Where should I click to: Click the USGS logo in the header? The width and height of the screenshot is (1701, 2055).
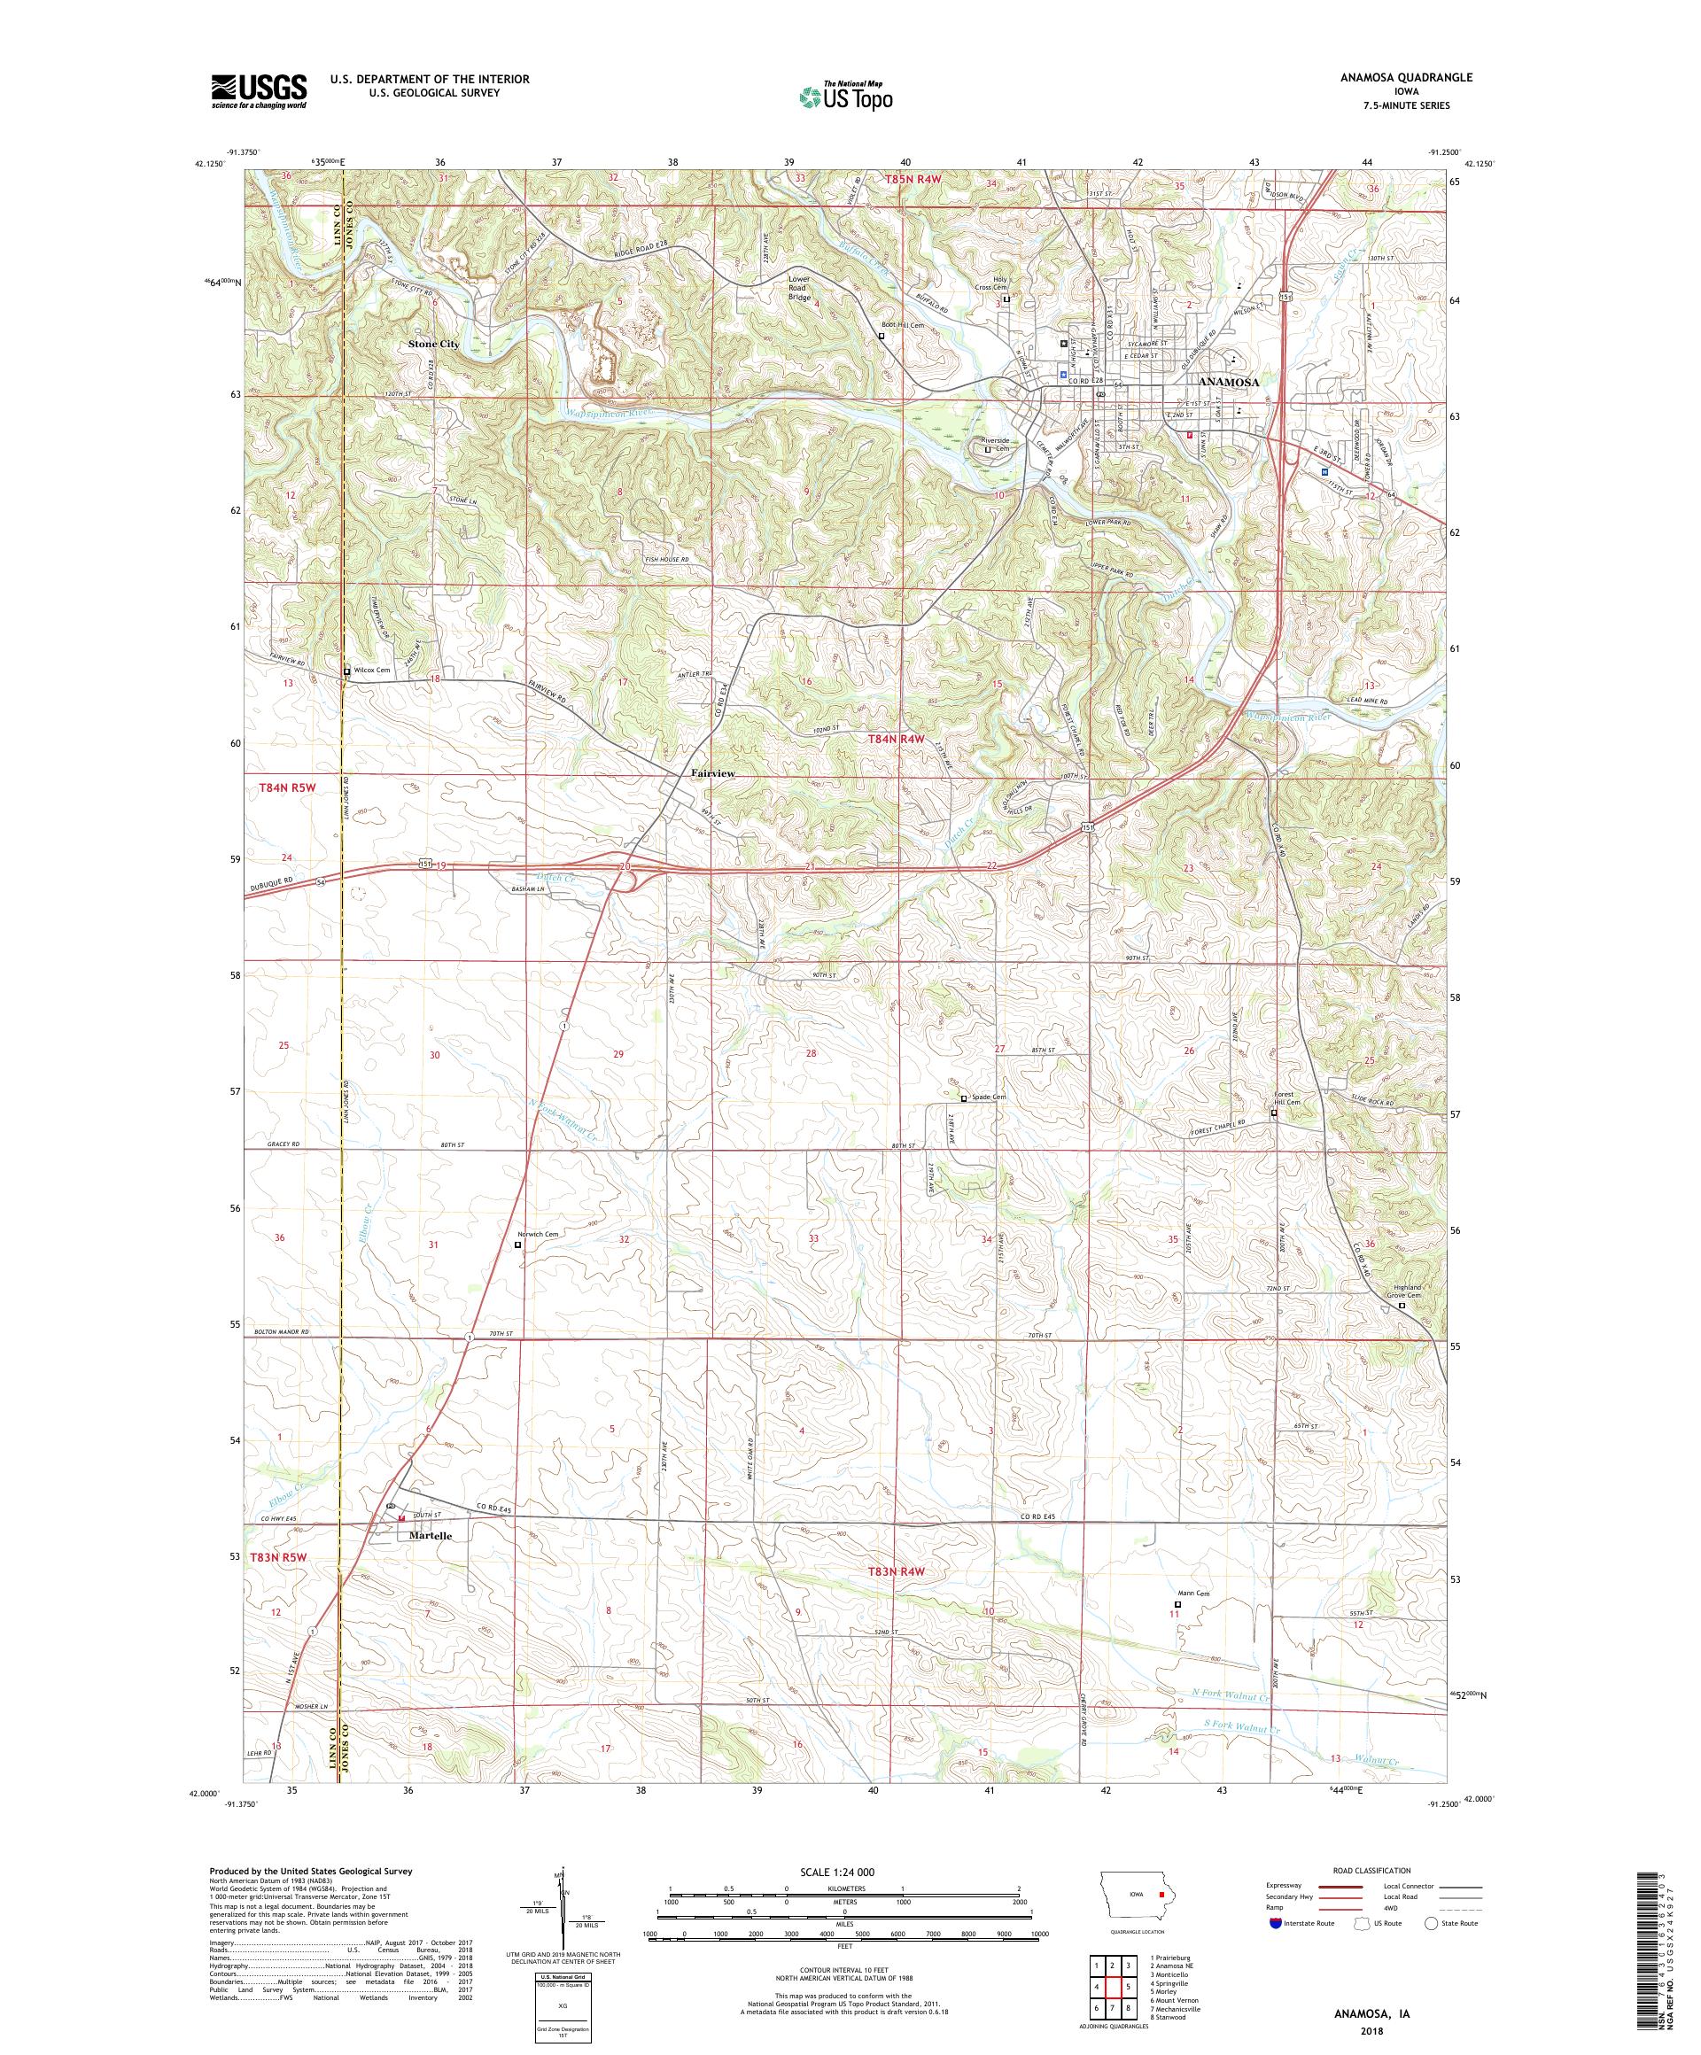point(260,91)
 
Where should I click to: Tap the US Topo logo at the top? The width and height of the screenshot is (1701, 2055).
point(847,96)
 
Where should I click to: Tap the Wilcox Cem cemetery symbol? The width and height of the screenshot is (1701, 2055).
point(346,671)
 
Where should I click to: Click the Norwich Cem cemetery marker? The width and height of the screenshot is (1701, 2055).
point(519,1245)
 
